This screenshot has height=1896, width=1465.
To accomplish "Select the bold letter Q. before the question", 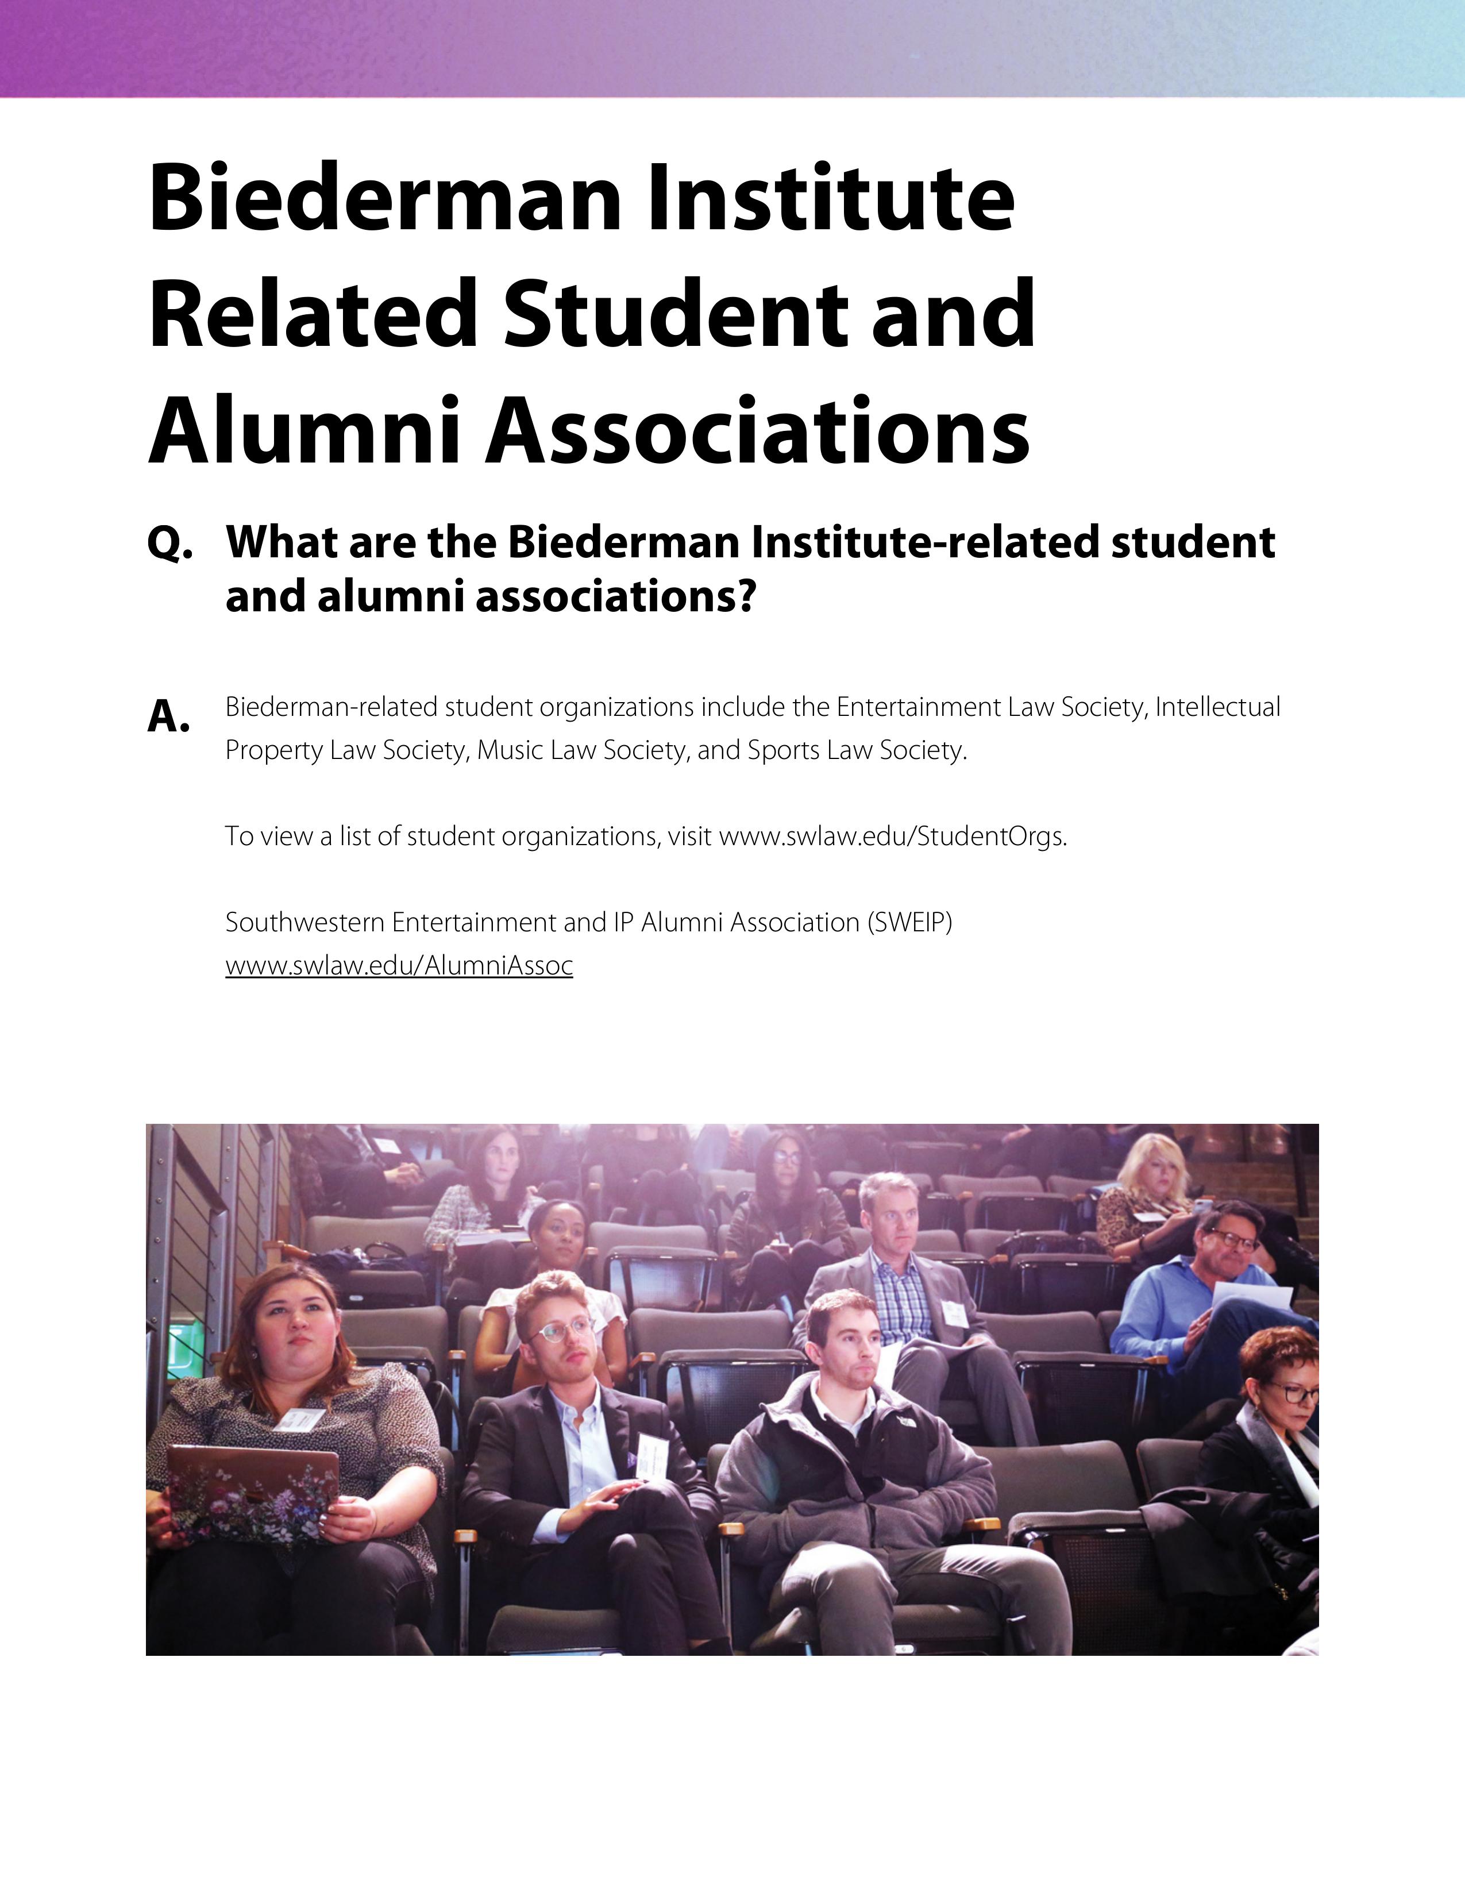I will pos(169,544).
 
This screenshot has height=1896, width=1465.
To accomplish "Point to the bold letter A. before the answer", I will pos(168,716).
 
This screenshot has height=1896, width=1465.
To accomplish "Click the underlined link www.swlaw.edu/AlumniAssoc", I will pos(399,965).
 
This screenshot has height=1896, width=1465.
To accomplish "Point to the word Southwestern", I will pos(306,922).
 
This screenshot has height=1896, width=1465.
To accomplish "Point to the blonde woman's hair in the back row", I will pos(1154,1159).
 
